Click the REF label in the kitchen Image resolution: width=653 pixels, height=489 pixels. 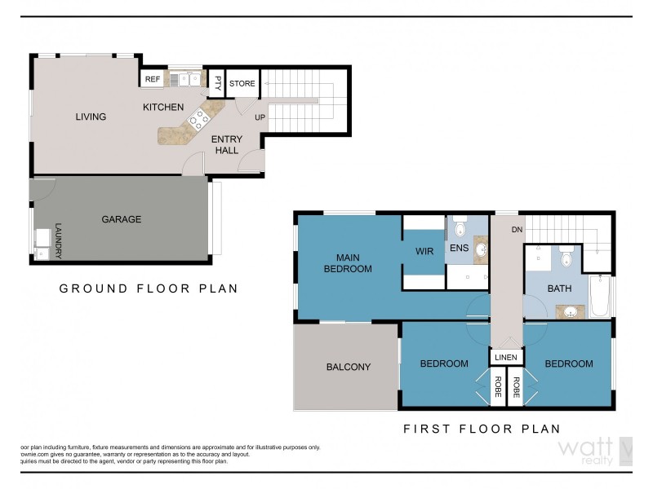(152, 79)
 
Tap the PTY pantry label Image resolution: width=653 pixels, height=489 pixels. (218, 82)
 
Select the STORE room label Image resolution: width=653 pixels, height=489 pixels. (242, 84)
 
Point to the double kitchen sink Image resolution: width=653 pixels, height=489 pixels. (189, 79)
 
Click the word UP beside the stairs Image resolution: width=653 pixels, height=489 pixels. (260, 117)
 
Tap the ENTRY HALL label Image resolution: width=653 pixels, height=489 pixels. (226, 144)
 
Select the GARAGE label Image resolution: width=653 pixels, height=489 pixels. (121, 219)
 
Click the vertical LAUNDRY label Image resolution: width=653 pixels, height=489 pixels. (58, 241)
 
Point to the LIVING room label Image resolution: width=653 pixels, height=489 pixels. (91, 117)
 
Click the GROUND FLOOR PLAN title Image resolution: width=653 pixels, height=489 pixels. (148, 289)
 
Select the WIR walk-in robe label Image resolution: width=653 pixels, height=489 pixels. (423, 252)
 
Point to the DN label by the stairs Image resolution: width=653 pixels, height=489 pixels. (515, 230)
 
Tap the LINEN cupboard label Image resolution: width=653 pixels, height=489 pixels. (504, 357)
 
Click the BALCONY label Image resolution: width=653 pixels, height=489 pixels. (348, 367)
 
